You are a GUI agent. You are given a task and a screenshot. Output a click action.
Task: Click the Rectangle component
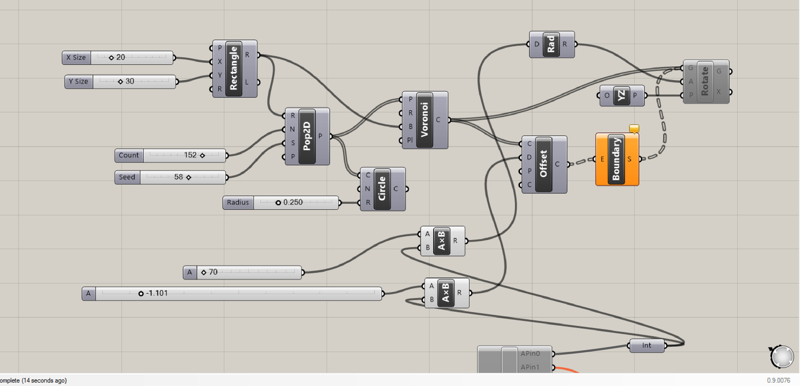coord(233,68)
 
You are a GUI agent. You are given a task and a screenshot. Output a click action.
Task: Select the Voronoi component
coord(424,120)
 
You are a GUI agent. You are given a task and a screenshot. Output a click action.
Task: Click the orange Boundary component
coord(616,159)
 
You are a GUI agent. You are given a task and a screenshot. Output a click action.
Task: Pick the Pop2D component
coord(306,136)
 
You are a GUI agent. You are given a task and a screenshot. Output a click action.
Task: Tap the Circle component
coord(382,189)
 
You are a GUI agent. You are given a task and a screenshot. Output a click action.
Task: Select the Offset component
coord(543,164)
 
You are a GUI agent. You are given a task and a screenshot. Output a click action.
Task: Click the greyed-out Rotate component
coord(705,82)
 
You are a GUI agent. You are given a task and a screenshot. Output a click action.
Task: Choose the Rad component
coord(551,44)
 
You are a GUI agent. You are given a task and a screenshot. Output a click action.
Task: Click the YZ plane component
coord(621,95)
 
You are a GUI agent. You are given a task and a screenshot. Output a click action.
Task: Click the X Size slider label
coord(76,57)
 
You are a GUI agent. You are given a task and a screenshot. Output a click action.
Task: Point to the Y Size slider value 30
coord(129,81)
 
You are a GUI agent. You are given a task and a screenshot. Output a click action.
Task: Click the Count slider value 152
coord(190,155)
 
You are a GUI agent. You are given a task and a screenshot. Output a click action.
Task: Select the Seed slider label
coord(127,177)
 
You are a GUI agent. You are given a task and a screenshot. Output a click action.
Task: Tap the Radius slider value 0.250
coord(292,202)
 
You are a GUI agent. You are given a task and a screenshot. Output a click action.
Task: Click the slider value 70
coord(213,272)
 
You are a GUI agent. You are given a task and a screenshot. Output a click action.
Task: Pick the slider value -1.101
coord(156,293)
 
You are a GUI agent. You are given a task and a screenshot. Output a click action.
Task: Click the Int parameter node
coord(646,345)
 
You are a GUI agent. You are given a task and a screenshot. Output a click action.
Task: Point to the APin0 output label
coord(530,353)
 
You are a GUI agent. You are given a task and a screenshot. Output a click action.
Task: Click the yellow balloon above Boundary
coord(634,129)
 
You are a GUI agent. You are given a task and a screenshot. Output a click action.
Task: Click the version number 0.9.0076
coord(778,380)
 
